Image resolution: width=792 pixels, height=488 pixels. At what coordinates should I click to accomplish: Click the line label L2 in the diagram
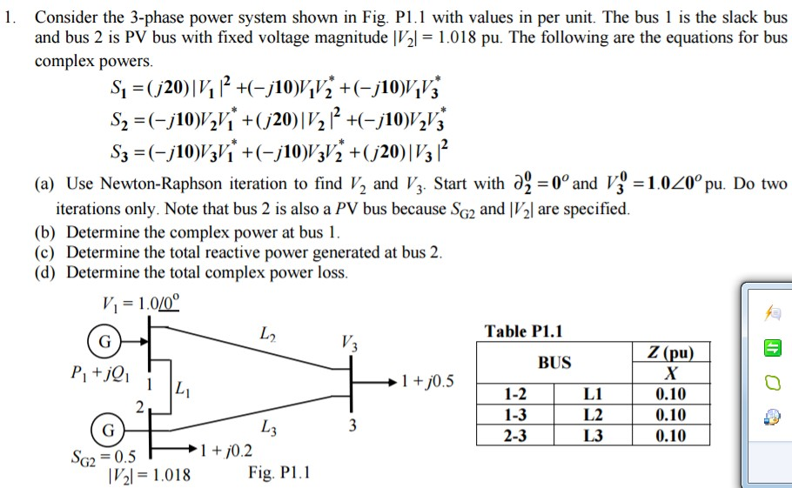[x=269, y=334]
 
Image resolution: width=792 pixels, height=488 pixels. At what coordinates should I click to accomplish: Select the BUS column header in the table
[x=554, y=363]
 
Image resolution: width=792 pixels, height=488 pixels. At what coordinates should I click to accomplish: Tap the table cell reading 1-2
[x=515, y=394]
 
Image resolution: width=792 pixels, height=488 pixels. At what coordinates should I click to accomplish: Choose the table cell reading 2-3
[x=515, y=436]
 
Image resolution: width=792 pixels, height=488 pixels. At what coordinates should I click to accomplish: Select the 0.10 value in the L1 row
[x=669, y=394]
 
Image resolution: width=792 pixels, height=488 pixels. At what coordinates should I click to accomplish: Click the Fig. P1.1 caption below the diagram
[x=279, y=473]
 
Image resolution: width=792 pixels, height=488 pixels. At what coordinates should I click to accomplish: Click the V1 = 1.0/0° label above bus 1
[x=140, y=304]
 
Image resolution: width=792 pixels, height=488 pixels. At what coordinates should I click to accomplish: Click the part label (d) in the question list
[x=44, y=272]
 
